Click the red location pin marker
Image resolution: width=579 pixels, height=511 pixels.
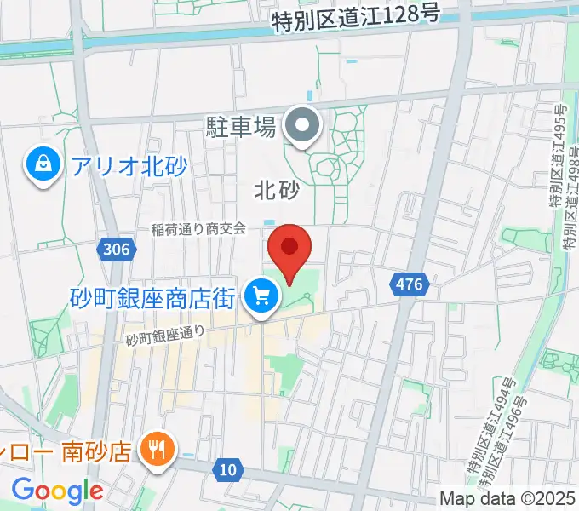click(289, 250)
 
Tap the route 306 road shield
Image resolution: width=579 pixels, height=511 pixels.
click(115, 249)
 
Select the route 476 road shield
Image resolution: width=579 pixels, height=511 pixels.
click(409, 284)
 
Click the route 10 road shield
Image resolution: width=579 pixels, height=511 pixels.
click(227, 468)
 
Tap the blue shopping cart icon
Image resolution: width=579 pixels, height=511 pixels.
click(261, 297)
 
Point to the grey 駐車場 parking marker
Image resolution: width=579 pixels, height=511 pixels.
click(301, 128)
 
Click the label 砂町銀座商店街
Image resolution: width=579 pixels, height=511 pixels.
click(152, 297)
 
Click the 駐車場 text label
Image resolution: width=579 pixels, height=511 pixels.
click(241, 129)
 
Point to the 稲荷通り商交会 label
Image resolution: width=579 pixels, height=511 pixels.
click(198, 227)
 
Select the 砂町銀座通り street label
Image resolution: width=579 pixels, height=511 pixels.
click(166, 336)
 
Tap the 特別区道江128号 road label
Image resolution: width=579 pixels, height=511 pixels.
click(356, 19)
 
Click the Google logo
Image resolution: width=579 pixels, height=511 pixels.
click(56, 491)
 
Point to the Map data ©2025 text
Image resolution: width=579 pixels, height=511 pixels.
click(507, 498)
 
